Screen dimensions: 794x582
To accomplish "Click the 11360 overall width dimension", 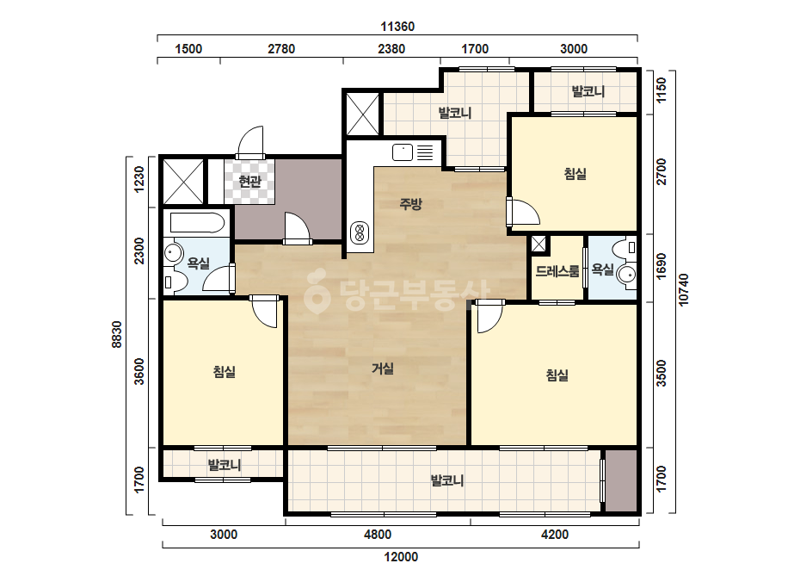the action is [397, 27].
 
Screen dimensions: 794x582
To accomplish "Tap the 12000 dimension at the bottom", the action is [401, 557].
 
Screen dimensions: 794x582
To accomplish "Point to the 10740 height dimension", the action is [684, 290].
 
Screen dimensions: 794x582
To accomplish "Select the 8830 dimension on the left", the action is [117, 334].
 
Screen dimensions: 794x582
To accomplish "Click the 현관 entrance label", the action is [249, 181].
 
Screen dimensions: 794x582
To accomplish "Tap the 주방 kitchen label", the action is [410, 204].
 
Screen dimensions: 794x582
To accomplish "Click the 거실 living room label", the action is [383, 368].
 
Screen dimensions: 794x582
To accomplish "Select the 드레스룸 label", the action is [557, 271].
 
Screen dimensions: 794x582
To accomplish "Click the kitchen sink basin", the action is [403, 152].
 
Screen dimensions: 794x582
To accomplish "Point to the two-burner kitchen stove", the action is [360, 233].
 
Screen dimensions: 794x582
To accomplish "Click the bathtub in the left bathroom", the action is [197, 223].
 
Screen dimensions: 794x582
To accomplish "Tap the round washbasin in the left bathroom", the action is [174, 253].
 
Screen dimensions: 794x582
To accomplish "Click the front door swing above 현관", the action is [250, 141].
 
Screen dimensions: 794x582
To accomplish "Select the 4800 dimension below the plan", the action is [378, 535].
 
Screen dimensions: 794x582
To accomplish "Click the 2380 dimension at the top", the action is [391, 49].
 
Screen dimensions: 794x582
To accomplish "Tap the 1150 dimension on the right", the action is [662, 90].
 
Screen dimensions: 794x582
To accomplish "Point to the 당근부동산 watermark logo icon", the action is [317, 290].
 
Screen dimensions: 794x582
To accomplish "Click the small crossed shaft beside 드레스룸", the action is [539, 245].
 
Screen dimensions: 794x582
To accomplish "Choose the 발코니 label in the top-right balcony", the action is [588, 92].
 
